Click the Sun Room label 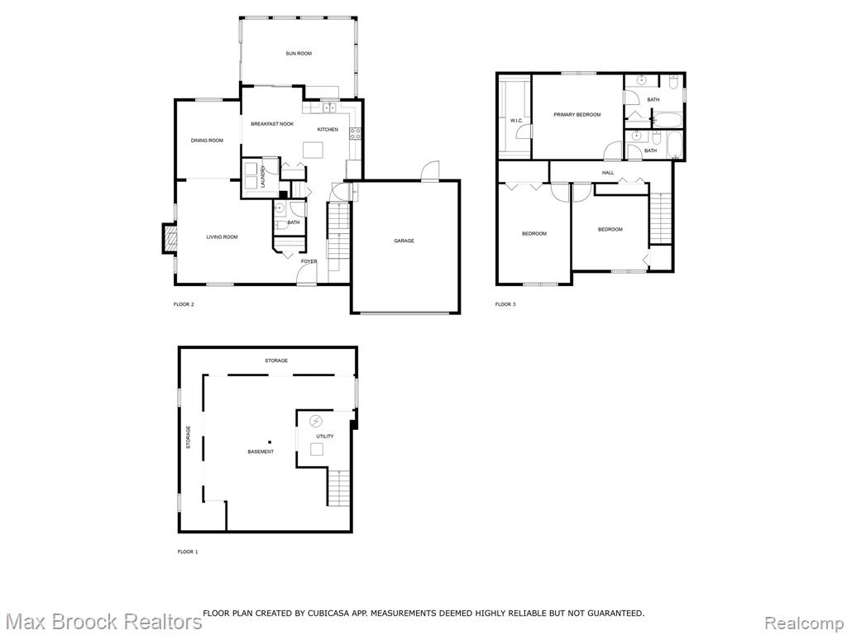pyautogui.click(x=299, y=54)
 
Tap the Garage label pyautogui.click(x=404, y=241)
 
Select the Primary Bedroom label pyautogui.click(x=577, y=114)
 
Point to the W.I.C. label pyautogui.click(x=516, y=121)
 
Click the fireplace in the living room pyautogui.click(x=170, y=239)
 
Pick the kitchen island pyautogui.click(x=313, y=150)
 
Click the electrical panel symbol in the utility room pyautogui.click(x=315, y=421)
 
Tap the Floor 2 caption pyautogui.click(x=184, y=304)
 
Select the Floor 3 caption pyautogui.click(x=505, y=304)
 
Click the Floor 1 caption pyautogui.click(x=188, y=551)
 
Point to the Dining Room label pyautogui.click(x=207, y=141)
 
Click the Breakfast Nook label pyautogui.click(x=272, y=124)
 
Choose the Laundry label pyautogui.click(x=262, y=177)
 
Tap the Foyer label pyautogui.click(x=309, y=261)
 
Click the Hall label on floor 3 pyautogui.click(x=608, y=173)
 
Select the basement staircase pyautogui.click(x=338, y=488)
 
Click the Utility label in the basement pyautogui.click(x=325, y=437)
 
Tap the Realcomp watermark pyautogui.click(x=804, y=623)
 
